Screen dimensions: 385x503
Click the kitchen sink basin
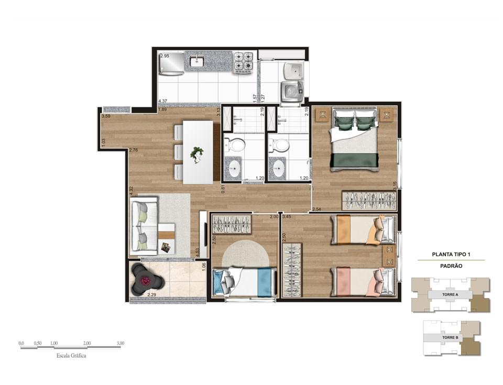(197, 62)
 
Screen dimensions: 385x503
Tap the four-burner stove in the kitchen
(243, 61)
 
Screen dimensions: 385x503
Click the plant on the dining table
(197, 153)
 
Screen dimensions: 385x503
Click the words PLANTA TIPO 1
(451, 255)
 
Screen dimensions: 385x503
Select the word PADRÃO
(451, 266)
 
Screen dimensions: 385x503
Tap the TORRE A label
(451, 295)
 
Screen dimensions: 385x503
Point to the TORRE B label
(451, 338)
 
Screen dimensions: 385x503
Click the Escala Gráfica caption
(71, 355)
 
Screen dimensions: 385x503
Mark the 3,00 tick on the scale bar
(121, 344)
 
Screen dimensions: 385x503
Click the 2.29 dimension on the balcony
(152, 295)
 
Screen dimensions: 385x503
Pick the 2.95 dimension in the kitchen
(165, 56)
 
